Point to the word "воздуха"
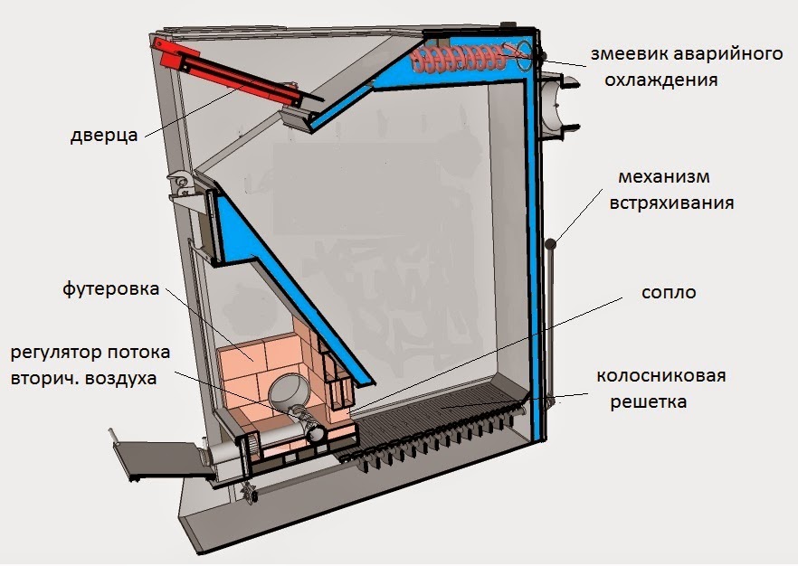point(123,379)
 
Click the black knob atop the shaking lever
point(551,242)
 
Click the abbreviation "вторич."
point(42,379)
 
